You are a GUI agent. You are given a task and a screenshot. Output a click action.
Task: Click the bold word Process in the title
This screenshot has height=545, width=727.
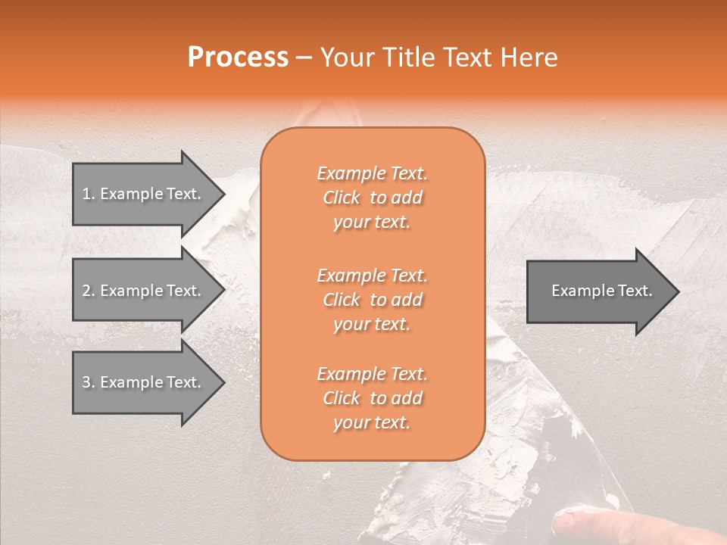238,58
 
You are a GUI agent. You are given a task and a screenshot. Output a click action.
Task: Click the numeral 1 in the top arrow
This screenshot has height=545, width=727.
86,194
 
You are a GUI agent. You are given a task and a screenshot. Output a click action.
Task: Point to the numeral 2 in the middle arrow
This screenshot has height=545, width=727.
86,291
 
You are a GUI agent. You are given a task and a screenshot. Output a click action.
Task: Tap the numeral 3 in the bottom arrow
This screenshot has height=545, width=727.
86,382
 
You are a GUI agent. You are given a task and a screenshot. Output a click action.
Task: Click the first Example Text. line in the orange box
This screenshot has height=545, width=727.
373,173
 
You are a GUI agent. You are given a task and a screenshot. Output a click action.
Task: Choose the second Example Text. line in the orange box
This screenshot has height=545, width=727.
373,275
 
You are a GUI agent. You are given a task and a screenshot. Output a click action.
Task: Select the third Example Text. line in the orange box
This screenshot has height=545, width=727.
373,374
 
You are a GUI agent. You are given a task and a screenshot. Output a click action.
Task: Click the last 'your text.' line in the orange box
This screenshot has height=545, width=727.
372,423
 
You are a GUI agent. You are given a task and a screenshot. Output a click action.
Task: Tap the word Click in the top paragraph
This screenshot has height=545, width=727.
342,198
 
